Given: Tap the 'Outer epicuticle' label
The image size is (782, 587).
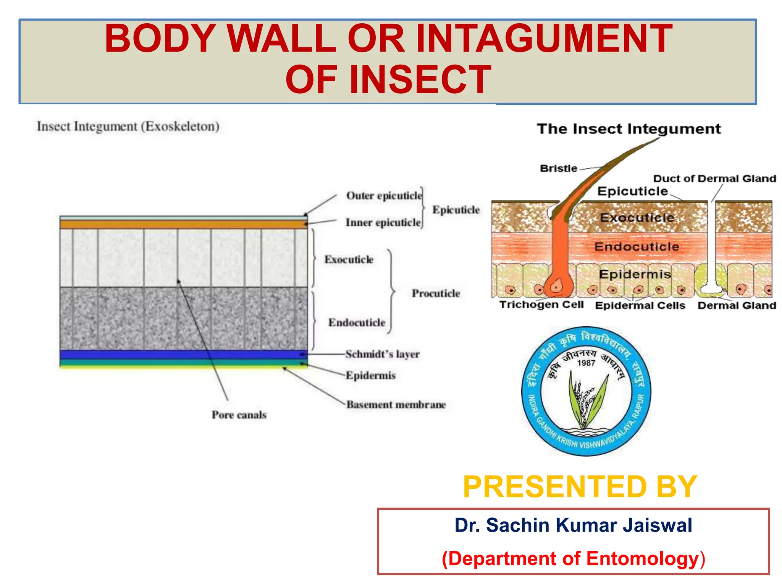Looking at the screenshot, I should pos(384,196).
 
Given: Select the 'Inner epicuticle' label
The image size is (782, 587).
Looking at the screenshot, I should pos(383,222).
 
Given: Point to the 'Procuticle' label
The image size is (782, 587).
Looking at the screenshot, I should pos(436,293).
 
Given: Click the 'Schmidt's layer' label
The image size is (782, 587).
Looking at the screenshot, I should pos(382,354).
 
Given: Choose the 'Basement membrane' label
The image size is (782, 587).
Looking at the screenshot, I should pos(396,405).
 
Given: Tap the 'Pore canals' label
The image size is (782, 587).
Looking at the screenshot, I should pos(239,415).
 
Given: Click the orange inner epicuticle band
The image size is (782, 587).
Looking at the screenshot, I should pos(183,224).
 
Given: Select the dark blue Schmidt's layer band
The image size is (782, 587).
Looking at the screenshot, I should pos(183,354).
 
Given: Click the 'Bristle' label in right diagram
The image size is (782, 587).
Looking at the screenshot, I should pos(558,169).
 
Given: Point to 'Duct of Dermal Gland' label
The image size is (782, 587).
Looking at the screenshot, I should pos(714,178).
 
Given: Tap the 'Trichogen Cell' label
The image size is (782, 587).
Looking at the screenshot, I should pos(541,305).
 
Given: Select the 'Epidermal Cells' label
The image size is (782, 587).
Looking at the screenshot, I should pos(640,306).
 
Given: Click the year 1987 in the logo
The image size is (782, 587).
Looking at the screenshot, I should pos(586,363).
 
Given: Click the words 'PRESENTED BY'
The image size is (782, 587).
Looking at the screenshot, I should pos(580,486).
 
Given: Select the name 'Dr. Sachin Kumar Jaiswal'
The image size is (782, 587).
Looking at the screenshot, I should pos(573,525).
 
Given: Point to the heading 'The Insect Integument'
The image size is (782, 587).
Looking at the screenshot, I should pos(629,129).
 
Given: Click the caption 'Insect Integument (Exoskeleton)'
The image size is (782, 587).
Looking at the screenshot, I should pos(128,126).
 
